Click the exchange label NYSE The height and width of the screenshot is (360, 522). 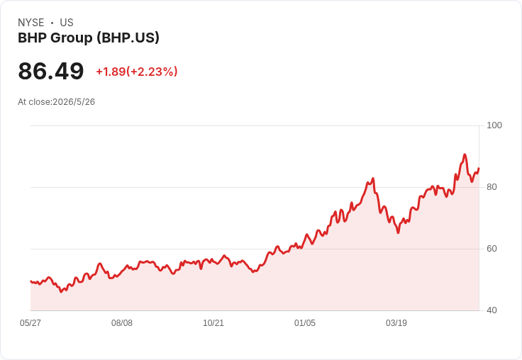click(30, 23)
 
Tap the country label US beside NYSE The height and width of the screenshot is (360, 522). click(67, 23)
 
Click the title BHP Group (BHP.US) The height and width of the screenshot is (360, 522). click(89, 38)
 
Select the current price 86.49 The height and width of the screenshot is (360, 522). click(51, 71)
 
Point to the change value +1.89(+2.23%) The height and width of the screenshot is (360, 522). click(137, 72)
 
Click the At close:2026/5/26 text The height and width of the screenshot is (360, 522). click(56, 102)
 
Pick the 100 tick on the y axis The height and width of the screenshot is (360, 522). click(494, 125)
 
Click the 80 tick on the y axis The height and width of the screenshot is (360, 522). click(492, 187)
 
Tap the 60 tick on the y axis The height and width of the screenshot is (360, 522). click(492, 249)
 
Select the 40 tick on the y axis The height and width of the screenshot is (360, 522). click(492, 310)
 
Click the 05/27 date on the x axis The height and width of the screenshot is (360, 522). click(30, 323)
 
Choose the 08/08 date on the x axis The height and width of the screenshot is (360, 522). click(122, 323)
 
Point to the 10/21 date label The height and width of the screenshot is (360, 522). click(213, 323)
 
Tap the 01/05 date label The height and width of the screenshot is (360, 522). click(305, 323)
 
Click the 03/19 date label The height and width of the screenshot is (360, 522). click(396, 323)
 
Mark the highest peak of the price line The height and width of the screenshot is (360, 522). click(465, 154)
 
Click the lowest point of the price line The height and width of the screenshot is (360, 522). click(61, 292)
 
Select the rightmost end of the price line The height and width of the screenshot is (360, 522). click(479, 169)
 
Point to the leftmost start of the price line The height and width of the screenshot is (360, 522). click(30, 281)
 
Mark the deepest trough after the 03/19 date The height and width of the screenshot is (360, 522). click(398, 233)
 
